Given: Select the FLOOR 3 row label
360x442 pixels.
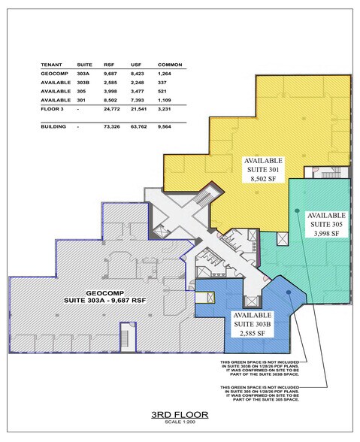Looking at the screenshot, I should pos(52,118).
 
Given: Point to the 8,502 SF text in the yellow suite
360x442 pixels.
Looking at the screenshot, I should pos(263,180).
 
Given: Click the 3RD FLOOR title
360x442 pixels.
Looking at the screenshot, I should pos(180,414).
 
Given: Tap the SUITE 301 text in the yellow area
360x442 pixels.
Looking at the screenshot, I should pos(263,171).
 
